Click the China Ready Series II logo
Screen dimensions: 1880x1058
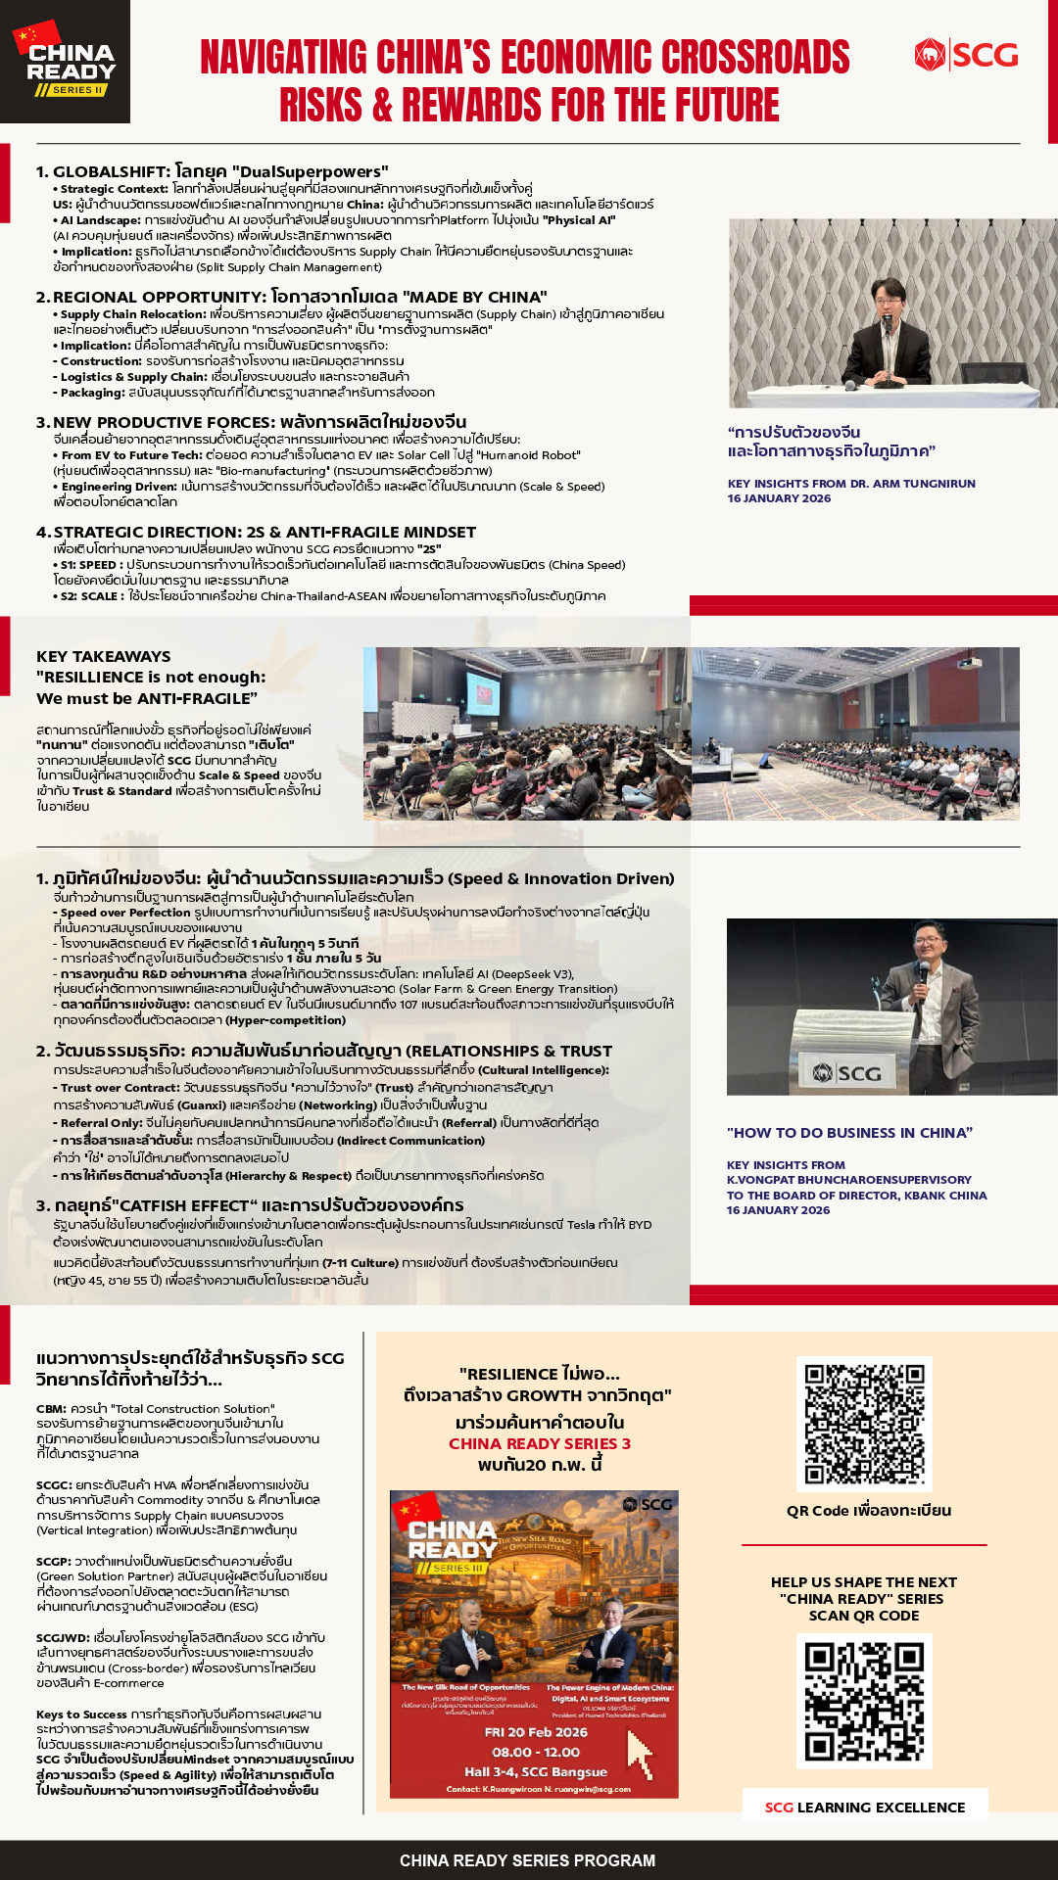(x=65, y=62)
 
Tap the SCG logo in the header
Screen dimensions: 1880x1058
(x=966, y=55)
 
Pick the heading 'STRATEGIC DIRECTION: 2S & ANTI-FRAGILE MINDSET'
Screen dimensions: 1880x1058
(x=264, y=532)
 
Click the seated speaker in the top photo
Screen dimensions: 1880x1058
(x=890, y=338)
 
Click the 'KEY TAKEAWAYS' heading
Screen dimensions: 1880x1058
(x=103, y=656)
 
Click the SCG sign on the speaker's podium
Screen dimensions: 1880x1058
(x=847, y=1073)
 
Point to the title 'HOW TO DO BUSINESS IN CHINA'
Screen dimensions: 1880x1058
(x=848, y=1133)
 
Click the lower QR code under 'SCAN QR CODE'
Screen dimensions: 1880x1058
(x=864, y=1701)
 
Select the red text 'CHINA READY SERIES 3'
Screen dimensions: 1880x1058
(x=540, y=1443)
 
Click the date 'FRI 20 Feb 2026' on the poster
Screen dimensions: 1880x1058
(x=536, y=1732)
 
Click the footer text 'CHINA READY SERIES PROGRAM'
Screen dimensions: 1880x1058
(x=527, y=1860)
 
